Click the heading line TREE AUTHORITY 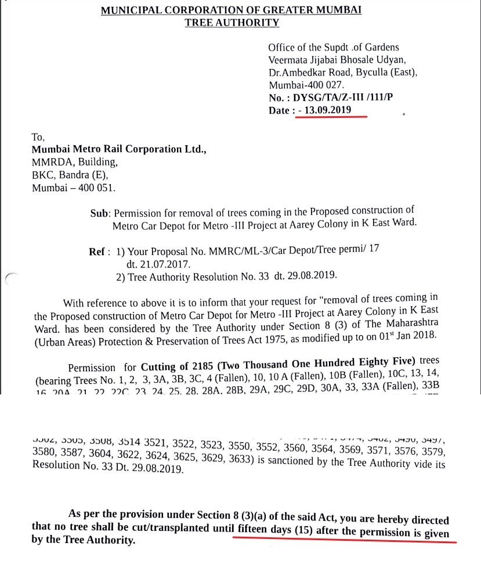pyautogui.click(x=232, y=23)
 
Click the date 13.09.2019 pyautogui.click(x=331, y=110)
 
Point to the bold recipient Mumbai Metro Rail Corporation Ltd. pyautogui.click(x=119, y=149)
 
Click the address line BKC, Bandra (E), pyautogui.click(x=70, y=175)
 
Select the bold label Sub pyautogui.click(x=99, y=213)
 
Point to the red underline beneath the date pyautogui.click(x=331, y=117)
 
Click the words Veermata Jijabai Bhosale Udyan pyautogui.click(x=340, y=60)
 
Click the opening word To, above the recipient pyautogui.click(x=39, y=137)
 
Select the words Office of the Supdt pyautogui.click(x=309, y=48)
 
